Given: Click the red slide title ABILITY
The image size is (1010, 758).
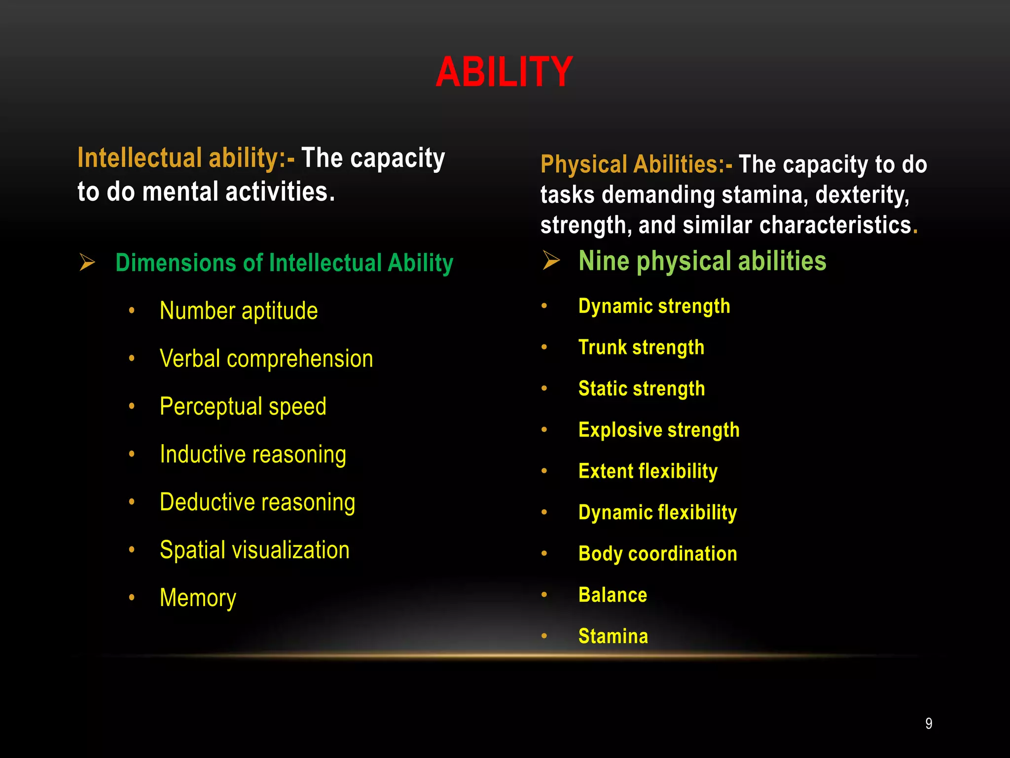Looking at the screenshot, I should (504, 72).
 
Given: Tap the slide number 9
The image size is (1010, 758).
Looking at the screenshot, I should (929, 723).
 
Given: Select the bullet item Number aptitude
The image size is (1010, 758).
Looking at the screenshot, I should (239, 311).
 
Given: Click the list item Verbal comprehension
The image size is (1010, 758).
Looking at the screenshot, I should (266, 359).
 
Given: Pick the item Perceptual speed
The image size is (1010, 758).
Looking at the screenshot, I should (243, 407).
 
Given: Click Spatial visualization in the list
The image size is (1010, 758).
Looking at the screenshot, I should (254, 550).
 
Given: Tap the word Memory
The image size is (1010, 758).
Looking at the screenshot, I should (198, 598).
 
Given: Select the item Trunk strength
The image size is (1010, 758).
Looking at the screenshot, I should (641, 347).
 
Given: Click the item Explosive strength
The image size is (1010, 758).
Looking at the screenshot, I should (659, 430).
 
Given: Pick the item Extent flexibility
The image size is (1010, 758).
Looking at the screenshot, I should (648, 471).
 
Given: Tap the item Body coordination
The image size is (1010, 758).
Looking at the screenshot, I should (658, 554).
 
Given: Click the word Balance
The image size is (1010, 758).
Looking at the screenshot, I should (613, 595).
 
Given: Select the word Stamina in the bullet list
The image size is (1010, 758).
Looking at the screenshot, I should (613, 636).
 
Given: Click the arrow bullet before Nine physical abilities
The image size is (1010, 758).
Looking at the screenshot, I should (551, 260).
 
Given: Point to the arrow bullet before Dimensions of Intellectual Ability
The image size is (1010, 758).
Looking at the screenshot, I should (87, 262).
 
